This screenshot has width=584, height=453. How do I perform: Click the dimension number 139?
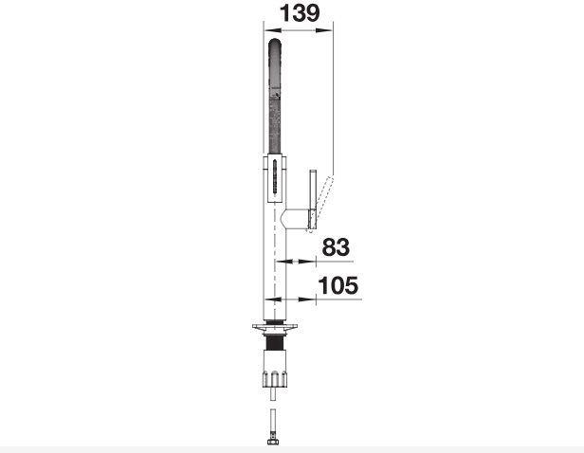[x=300, y=13]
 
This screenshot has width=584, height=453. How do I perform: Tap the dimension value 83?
[x=336, y=247]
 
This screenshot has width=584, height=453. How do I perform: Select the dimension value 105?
[x=338, y=285]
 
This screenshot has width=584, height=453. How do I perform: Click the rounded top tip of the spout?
[x=275, y=40]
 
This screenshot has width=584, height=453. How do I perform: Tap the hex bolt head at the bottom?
[x=273, y=442]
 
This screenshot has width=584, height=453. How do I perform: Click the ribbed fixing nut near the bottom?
[x=275, y=379]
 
